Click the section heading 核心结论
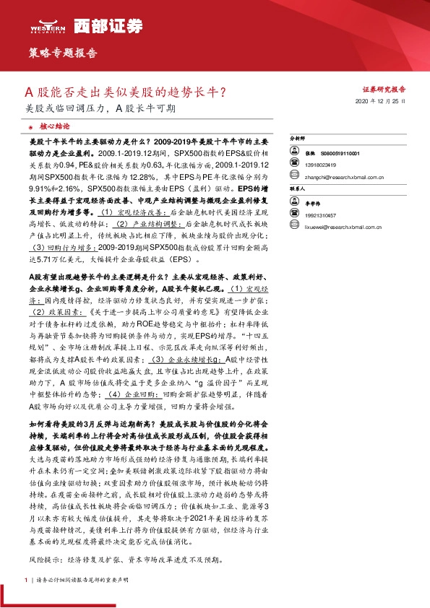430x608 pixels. coord(54,126)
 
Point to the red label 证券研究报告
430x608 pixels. coord(383,89)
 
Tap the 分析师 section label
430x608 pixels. coord(298,137)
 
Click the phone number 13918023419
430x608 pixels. coord(320,164)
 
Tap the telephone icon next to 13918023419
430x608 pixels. coord(295,164)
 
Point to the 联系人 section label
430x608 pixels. coord(298,188)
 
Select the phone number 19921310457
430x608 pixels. coord(320,214)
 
